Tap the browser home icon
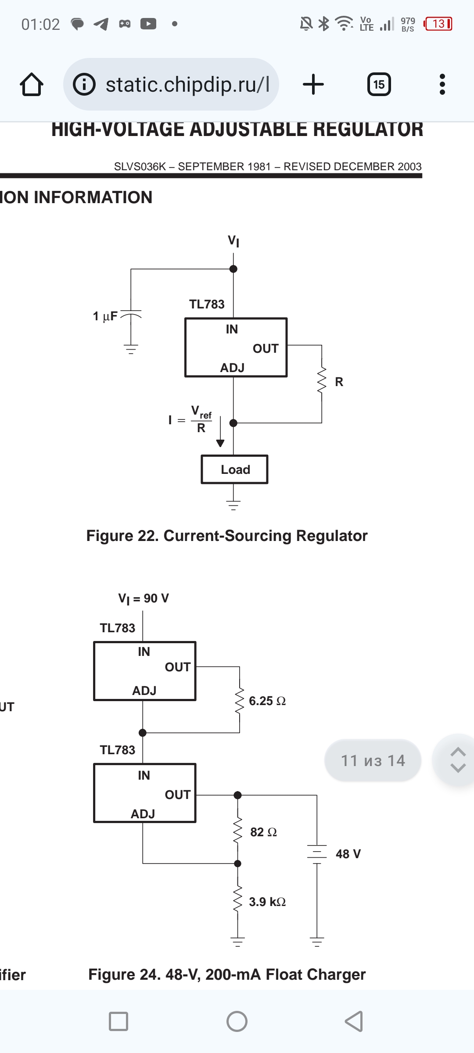click(32, 84)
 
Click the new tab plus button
click(313, 84)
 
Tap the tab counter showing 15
click(379, 84)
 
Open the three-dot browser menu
click(442, 84)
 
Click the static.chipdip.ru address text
click(187, 84)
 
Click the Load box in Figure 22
click(234, 469)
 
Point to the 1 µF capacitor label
click(105, 316)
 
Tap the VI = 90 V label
click(144, 598)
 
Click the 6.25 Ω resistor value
click(267, 701)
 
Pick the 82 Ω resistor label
click(263, 832)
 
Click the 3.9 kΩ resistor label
click(267, 902)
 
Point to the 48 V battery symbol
click(317, 854)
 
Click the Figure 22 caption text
click(227, 536)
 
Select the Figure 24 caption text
click(227, 974)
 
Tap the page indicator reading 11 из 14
click(373, 760)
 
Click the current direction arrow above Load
click(220, 432)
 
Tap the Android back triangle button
click(354, 1021)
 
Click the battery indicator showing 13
click(438, 24)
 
